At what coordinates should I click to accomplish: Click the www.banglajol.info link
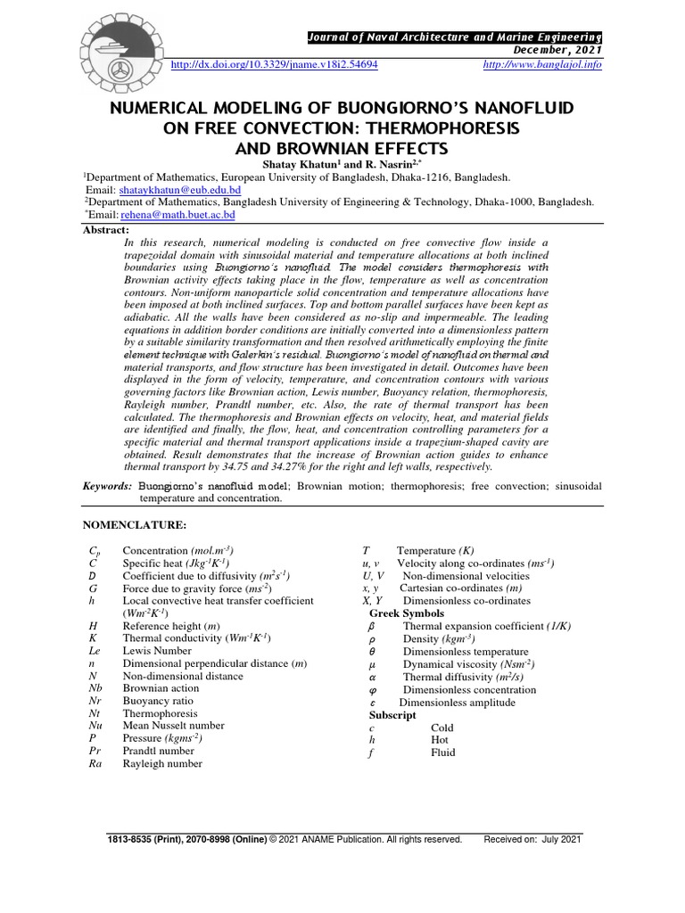tap(541, 66)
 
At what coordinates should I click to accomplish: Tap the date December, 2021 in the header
tap(561, 51)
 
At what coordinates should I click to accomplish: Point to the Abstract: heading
tap(106, 228)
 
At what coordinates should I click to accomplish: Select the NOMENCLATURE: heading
tap(135, 525)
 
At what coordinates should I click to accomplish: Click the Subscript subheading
tap(392, 715)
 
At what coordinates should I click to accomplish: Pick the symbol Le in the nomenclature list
tap(95, 652)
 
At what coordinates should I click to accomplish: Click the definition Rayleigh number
tap(162, 764)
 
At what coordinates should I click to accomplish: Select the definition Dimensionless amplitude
tap(457, 703)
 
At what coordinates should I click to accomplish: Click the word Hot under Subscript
tap(440, 740)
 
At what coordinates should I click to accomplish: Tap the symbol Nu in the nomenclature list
tap(95, 727)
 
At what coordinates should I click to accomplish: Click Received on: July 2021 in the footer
tap(532, 839)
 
